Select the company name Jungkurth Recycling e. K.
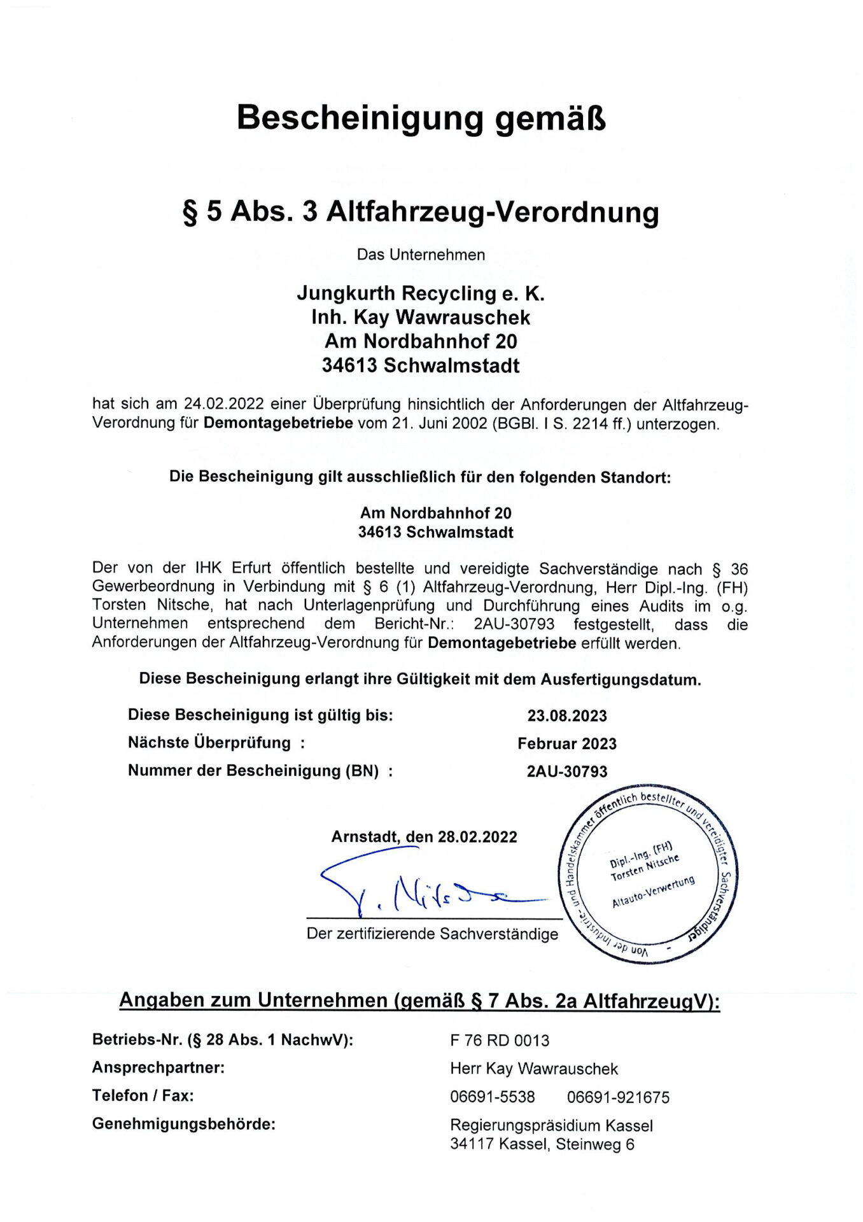click(421, 293)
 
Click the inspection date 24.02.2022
click(223, 404)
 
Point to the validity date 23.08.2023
click(567, 716)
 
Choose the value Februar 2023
click(567, 744)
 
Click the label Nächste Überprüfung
click(209, 743)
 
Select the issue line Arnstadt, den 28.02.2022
click(424, 837)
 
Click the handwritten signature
click(420, 888)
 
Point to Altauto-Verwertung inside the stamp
click(653, 892)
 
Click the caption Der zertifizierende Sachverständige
click(432, 934)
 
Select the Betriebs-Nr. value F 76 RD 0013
click(500, 1041)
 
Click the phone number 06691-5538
click(493, 1097)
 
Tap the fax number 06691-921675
click(618, 1097)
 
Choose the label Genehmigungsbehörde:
click(184, 1124)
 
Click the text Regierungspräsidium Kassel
click(551, 1125)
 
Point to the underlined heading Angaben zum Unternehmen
click(253, 1001)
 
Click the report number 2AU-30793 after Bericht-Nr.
click(514, 624)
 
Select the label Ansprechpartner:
click(158, 1067)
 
